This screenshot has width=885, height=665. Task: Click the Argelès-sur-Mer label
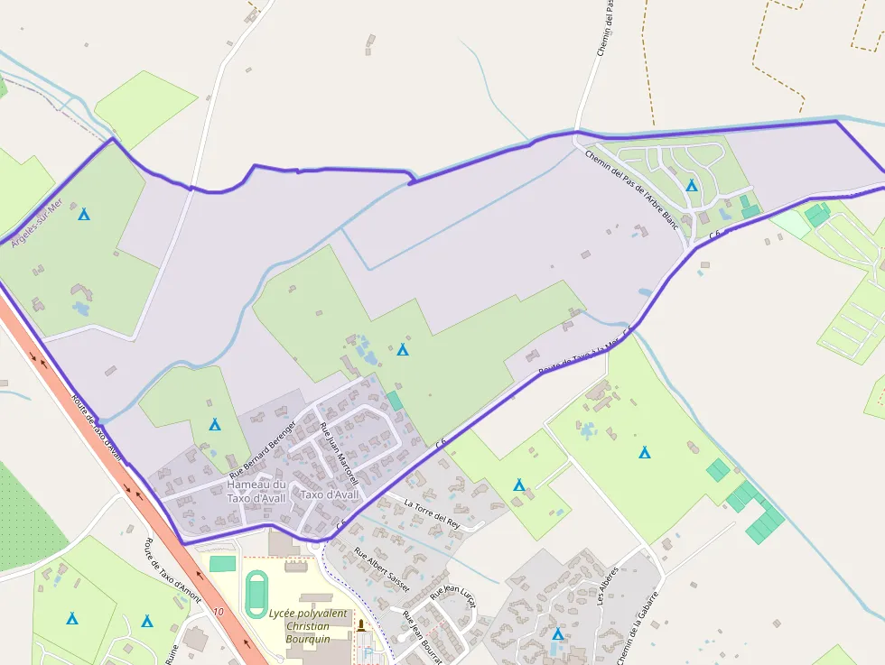point(34,223)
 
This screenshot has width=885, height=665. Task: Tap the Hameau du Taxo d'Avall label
point(256,491)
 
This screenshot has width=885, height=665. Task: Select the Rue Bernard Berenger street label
point(263,448)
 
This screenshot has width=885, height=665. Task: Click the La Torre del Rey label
point(433,513)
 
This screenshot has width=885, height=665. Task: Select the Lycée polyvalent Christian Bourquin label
point(308,626)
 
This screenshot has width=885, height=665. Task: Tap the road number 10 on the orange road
point(219,612)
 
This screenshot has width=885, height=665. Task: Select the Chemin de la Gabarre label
point(638,629)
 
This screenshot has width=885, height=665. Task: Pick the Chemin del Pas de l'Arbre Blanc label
point(632,189)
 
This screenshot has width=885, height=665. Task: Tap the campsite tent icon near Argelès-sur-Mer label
point(84,215)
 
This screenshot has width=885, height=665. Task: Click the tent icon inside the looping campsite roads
point(691,185)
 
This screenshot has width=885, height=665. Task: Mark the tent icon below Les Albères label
point(557,634)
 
